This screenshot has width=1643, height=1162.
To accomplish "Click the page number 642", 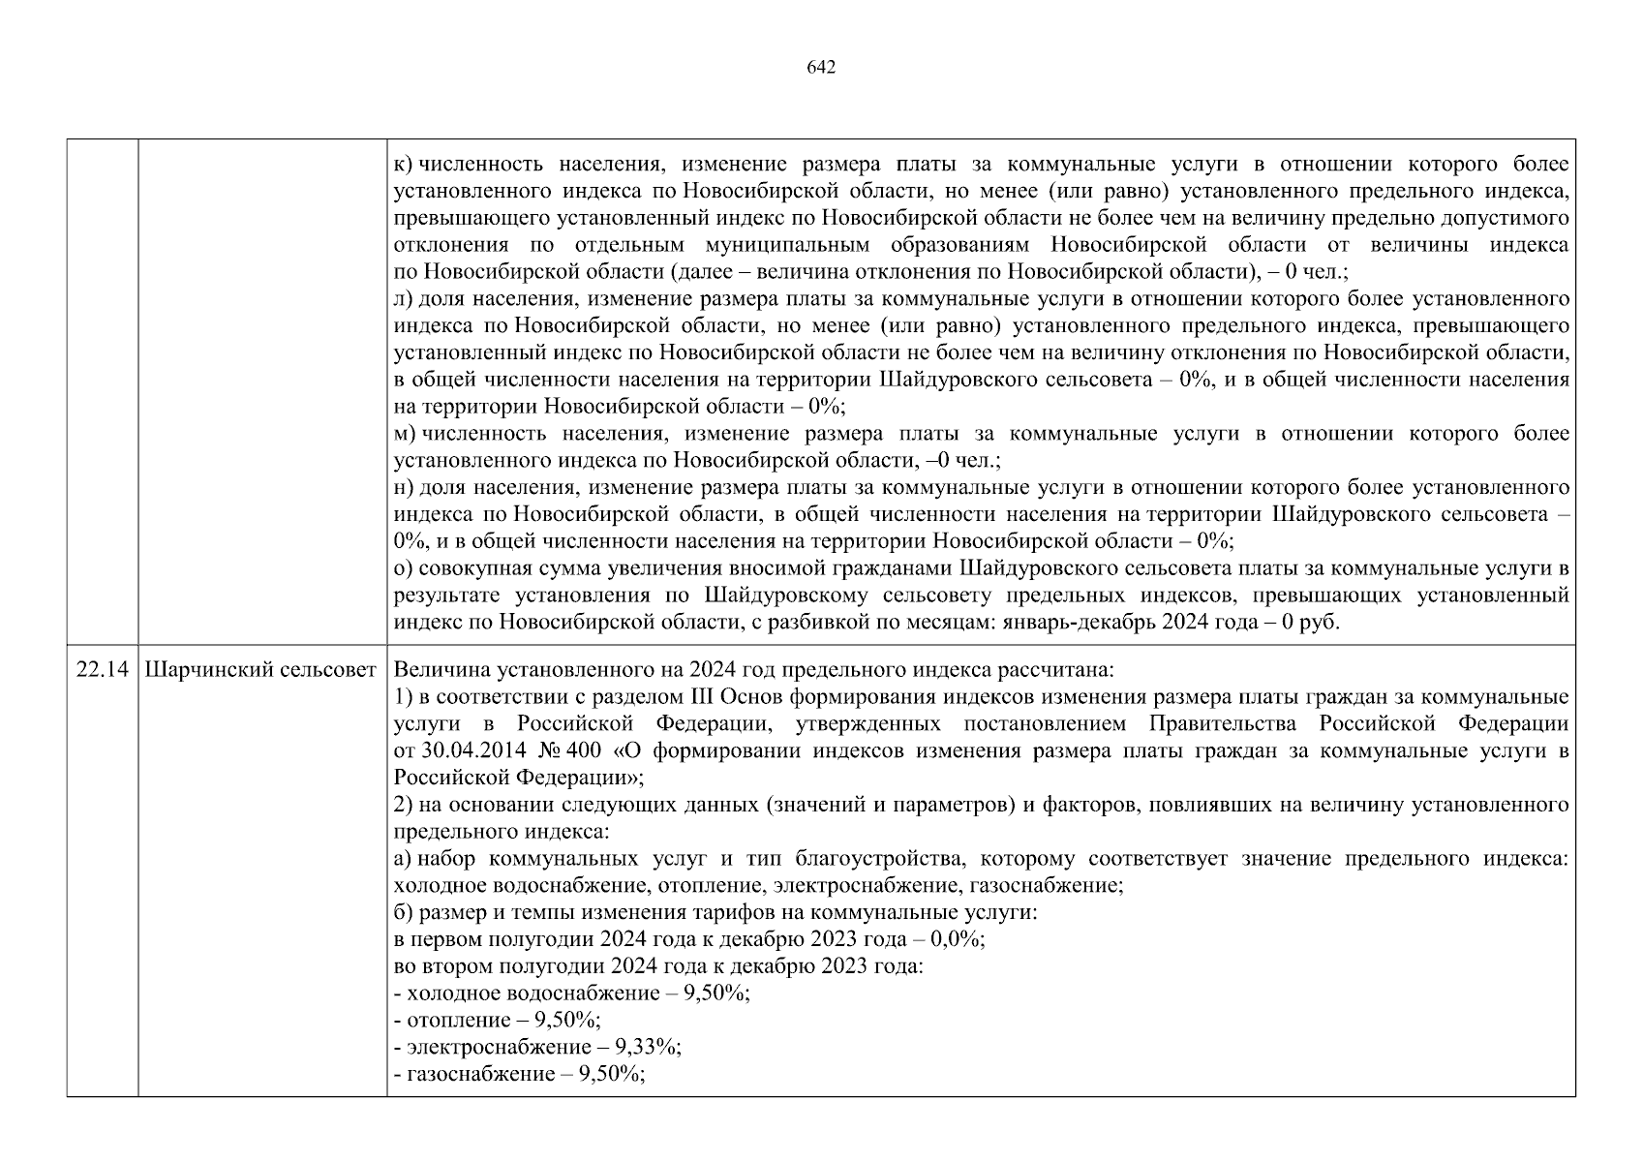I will click(821, 68).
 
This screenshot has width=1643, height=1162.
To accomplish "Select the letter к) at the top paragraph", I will click(404, 165).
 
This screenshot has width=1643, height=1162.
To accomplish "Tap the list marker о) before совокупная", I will click(404, 568).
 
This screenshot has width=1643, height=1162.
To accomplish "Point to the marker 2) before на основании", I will click(404, 806).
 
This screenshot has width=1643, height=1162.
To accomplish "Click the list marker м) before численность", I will click(405, 434).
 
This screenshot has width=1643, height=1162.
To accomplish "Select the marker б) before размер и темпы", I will click(404, 913).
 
